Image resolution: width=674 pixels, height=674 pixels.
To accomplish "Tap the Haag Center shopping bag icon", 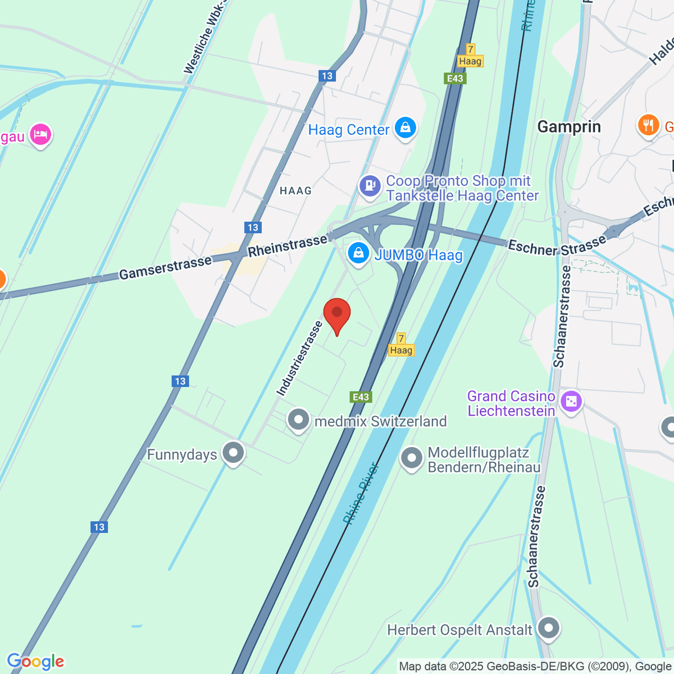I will click(x=405, y=128).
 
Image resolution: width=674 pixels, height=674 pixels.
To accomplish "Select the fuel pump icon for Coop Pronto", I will click(x=370, y=185).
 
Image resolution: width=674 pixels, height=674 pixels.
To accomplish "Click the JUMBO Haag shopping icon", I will click(x=358, y=253).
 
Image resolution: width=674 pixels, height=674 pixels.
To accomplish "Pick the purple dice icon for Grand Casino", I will click(x=571, y=402).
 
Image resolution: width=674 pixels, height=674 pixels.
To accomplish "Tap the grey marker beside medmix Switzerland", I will click(x=298, y=420).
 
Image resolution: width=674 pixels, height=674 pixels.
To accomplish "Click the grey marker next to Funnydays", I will click(x=233, y=453).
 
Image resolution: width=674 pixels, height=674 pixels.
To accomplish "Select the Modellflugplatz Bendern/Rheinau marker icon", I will click(x=412, y=458).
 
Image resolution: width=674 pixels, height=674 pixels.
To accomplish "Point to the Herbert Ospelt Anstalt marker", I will click(x=548, y=628).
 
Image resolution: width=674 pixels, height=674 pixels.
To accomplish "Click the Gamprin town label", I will click(x=569, y=127).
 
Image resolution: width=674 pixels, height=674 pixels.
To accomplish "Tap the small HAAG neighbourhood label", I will click(x=295, y=191).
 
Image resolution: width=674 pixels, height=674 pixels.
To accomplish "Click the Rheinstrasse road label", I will click(x=288, y=245).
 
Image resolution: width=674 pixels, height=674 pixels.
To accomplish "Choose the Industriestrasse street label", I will click(x=300, y=358).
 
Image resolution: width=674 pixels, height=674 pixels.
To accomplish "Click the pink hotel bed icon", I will click(x=40, y=134).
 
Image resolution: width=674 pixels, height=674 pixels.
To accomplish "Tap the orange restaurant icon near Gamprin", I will click(x=648, y=125).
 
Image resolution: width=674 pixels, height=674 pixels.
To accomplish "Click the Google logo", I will click(x=35, y=662).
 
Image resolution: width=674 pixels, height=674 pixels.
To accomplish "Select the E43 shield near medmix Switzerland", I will click(x=361, y=397).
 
